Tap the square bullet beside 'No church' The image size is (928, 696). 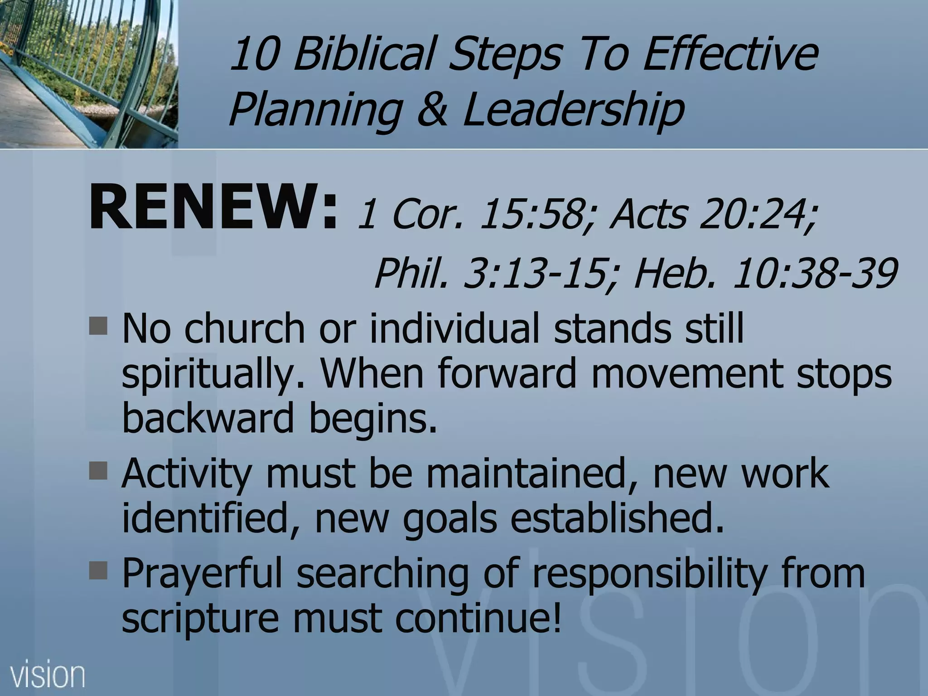(x=99, y=326)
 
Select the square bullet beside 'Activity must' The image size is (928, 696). (x=99, y=471)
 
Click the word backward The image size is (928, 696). (x=208, y=418)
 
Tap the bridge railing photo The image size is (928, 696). (x=89, y=74)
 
